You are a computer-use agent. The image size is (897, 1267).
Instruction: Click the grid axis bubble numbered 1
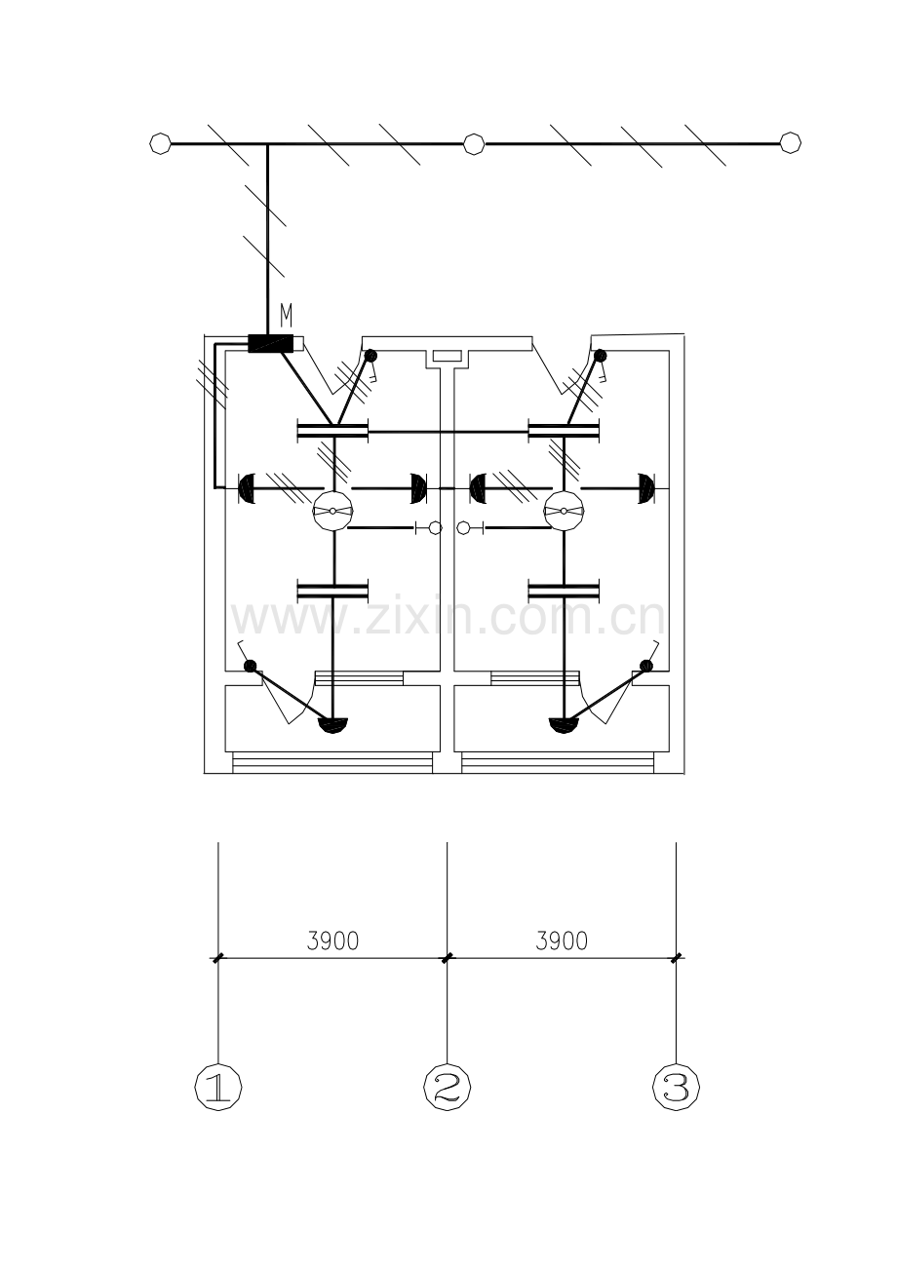click(x=218, y=1087)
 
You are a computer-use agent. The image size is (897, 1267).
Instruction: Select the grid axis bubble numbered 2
click(x=448, y=1087)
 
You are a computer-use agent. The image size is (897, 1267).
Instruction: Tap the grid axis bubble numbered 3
click(x=677, y=1087)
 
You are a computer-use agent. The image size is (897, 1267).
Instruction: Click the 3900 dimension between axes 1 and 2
click(x=332, y=941)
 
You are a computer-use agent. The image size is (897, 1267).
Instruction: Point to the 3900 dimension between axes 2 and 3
click(x=562, y=941)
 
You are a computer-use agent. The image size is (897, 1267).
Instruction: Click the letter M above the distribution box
click(x=287, y=316)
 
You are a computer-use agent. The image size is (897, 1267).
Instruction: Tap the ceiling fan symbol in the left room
click(x=332, y=511)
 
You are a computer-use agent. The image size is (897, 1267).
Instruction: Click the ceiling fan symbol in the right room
click(x=564, y=511)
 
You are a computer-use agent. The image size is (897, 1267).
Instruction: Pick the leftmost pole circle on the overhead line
click(x=160, y=143)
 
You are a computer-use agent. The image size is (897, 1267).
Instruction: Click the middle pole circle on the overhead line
click(x=474, y=143)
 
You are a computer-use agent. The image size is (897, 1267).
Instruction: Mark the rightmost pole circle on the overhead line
click(x=791, y=142)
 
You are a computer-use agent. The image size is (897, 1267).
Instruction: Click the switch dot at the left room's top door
click(x=370, y=355)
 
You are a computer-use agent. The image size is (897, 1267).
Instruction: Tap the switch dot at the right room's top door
click(x=600, y=355)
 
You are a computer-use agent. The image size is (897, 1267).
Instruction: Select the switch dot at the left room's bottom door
click(x=251, y=666)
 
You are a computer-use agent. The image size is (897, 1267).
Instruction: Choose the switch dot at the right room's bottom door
click(x=646, y=666)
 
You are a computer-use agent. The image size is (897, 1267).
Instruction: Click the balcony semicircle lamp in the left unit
click(x=333, y=725)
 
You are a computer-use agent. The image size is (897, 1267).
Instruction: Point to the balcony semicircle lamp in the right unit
click(x=565, y=725)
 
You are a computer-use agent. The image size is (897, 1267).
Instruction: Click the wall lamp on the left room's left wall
click(x=248, y=488)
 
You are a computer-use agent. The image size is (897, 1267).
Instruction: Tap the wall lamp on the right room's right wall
click(x=646, y=488)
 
